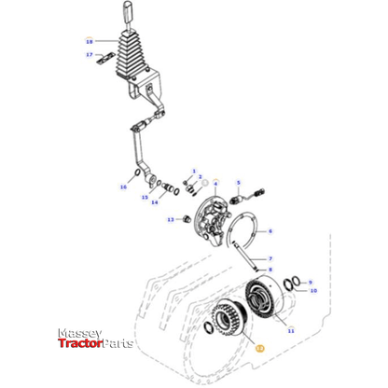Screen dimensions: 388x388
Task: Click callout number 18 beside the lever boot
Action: [x=90, y=42]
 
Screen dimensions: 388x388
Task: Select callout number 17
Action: [x=90, y=55]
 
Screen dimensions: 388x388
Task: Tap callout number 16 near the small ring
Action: [x=122, y=187]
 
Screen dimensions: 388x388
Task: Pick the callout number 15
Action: [x=145, y=197]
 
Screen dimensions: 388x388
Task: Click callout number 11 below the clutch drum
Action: [x=290, y=330]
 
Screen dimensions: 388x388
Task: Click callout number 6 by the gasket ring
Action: [x=270, y=231]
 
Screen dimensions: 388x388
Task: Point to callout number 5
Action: [x=238, y=183]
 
